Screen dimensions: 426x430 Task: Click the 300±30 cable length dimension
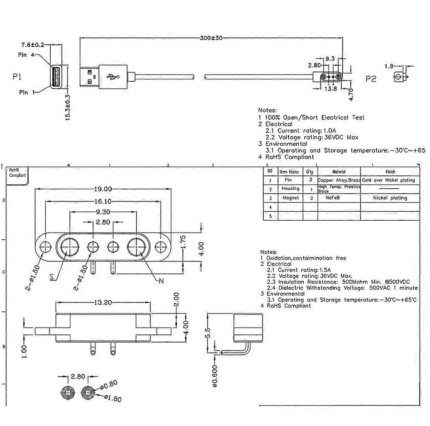pos(211,38)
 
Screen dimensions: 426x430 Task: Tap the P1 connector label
pos(17,77)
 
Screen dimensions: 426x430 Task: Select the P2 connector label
pos(371,79)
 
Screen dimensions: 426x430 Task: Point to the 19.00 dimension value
pos(103,189)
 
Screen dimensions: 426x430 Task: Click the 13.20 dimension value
pos(103,302)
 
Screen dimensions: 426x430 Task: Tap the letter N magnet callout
pos(162,281)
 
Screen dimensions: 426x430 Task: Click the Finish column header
pos(390,172)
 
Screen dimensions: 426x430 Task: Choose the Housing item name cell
pos(290,189)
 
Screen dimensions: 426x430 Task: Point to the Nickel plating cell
pos(390,198)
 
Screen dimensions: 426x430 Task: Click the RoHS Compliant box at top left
pos(17,173)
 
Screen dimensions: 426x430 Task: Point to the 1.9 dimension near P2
pos(389,66)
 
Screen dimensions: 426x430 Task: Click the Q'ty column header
pos(310,172)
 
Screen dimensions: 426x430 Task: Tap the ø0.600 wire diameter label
pos(214,375)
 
